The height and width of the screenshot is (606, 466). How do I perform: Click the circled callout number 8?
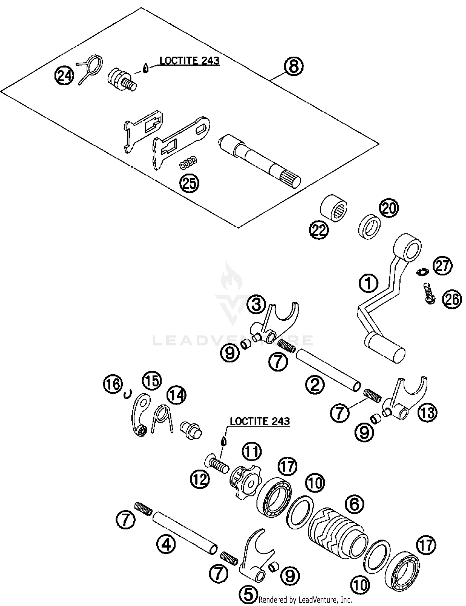(x=294, y=67)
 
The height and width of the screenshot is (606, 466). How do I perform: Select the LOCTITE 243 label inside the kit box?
(x=189, y=60)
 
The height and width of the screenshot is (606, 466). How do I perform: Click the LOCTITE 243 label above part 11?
(x=259, y=421)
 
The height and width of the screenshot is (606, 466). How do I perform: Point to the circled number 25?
(x=189, y=183)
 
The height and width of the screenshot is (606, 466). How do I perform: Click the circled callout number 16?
(x=113, y=384)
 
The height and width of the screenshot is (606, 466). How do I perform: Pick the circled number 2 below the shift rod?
(x=315, y=385)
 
